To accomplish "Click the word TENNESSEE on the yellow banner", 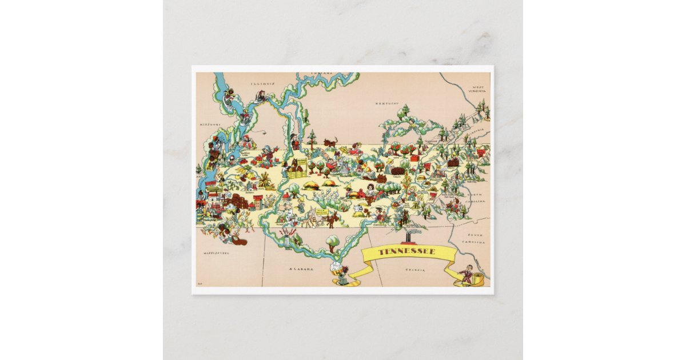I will click(x=407, y=252).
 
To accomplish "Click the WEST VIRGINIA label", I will click(x=478, y=89).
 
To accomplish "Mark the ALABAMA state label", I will click(x=301, y=269).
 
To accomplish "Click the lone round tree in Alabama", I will click(x=332, y=241).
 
